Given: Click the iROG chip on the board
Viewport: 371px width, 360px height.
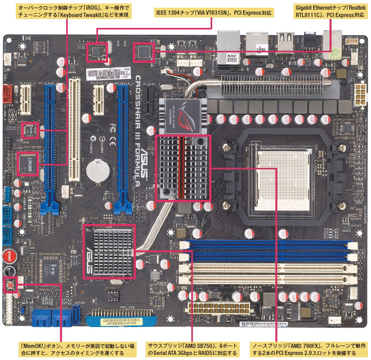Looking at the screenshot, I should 27,163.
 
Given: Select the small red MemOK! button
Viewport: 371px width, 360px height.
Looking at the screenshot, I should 9,283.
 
